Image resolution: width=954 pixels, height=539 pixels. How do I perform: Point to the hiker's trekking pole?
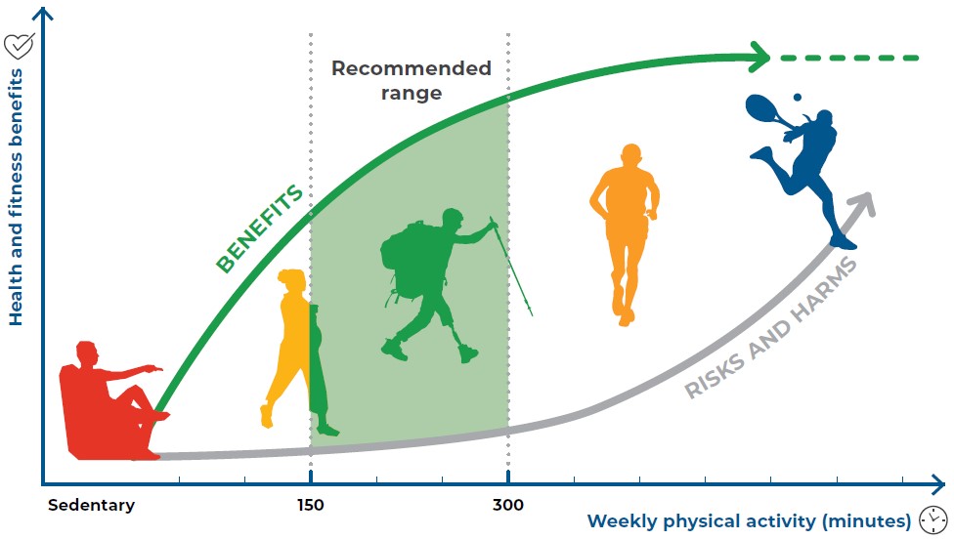511,267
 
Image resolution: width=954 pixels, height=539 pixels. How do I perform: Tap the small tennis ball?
797,98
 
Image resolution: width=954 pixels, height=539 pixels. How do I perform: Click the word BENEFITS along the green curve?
260,228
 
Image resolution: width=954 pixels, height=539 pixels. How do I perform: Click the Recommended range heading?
412,80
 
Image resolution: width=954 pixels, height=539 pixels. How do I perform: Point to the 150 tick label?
310,505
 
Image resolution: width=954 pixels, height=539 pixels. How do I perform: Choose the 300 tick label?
508,505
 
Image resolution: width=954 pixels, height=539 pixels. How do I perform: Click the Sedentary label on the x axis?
91,505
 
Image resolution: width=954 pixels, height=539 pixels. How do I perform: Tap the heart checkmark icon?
19,46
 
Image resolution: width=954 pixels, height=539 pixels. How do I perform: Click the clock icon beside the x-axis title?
932,520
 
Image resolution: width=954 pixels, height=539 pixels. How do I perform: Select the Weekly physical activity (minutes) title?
749,520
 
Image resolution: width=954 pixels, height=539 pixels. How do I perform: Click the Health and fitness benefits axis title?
16,197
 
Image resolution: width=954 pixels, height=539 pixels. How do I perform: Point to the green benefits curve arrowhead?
760,58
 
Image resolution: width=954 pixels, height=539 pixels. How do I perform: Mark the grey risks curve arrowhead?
864,203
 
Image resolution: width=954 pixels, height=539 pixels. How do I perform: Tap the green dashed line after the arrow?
849,59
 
